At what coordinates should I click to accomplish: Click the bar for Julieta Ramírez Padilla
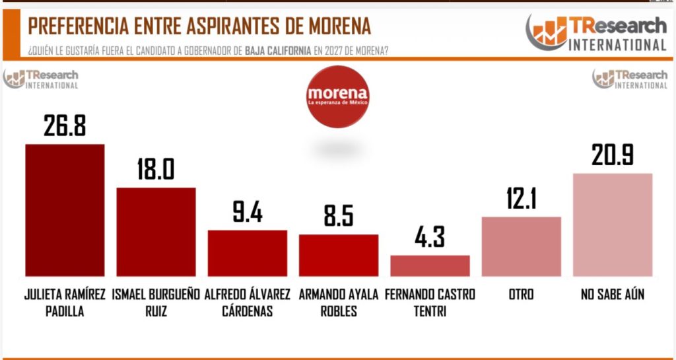(65, 209)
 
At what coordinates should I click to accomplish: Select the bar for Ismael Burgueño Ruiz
(156, 231)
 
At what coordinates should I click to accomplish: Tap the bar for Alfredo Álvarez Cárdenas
(248, 252)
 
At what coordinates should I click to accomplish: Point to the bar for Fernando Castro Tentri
(430, 265)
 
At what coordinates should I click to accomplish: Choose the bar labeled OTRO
(522, 246)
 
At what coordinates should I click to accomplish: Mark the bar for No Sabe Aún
(613, 224)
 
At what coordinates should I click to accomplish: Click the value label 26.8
(65, 126)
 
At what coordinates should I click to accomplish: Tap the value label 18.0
(156, 169)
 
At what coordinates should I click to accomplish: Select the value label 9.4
(248, 213)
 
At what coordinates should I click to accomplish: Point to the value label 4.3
(430, 236)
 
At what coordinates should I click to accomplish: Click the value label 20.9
(613, 155)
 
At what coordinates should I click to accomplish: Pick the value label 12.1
(522, 199)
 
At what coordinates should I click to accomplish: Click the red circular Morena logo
(337, 97)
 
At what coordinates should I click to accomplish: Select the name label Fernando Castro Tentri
(430, 303)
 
